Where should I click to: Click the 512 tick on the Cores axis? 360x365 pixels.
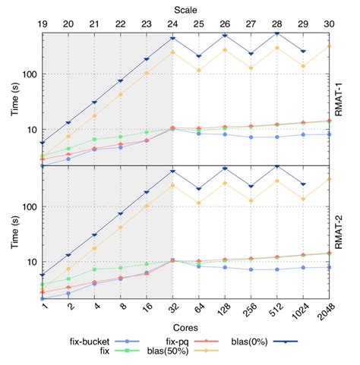coord(277,311)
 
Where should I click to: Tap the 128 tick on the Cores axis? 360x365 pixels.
coord(225,311)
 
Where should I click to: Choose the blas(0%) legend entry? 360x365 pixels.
coord(270,342)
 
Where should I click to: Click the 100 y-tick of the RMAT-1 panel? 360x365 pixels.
coord(27,74)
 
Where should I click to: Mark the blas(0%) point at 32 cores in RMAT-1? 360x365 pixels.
coord(172,38)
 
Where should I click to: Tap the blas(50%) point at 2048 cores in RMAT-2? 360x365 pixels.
coord(329,179)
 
